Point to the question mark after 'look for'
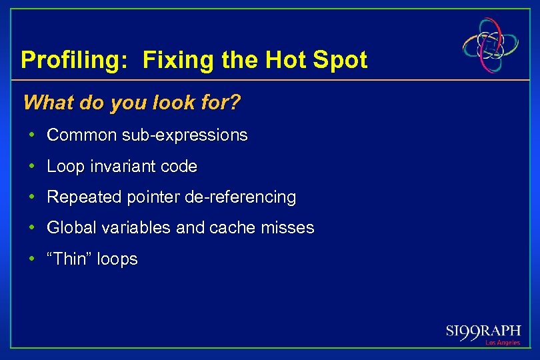click(235, 103)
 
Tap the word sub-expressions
click(185, 135)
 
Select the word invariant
click(122, 167)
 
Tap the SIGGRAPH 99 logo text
click(483, 331)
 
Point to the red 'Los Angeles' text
click(502, 343)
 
